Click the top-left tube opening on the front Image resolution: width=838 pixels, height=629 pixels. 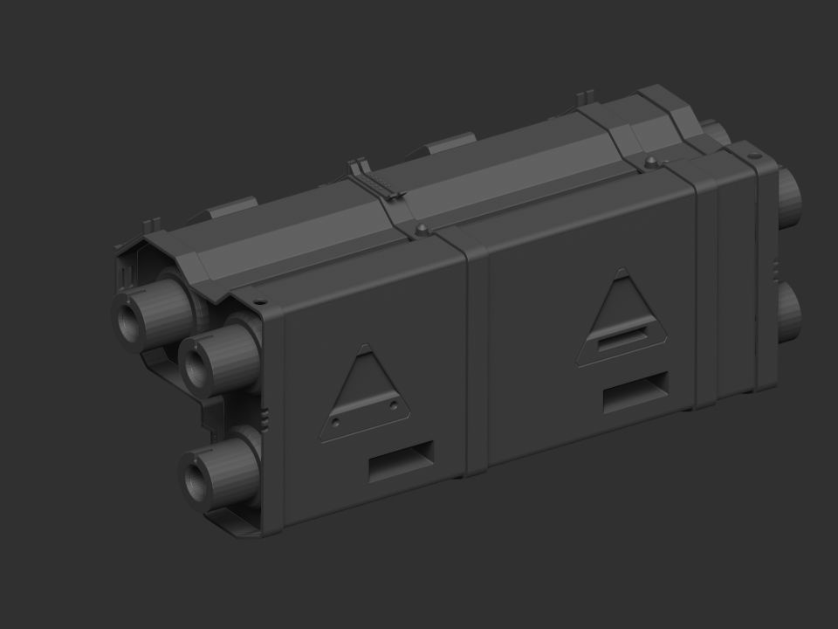coord(134,315)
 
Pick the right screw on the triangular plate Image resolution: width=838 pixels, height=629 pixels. coord(394,405)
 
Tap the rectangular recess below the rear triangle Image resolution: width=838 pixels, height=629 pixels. coord(636,392)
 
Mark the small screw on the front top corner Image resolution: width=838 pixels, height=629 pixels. coord(261,302)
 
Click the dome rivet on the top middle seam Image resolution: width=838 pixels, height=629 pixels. coord(423,229)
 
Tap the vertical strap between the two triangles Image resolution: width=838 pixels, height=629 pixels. coord(476,358)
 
